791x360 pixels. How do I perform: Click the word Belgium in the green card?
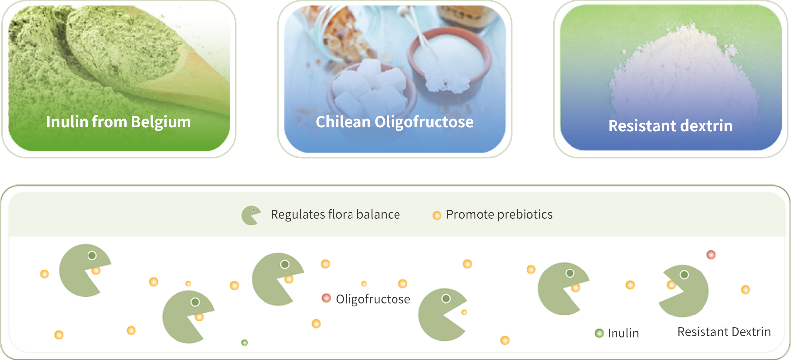tap(161, 122)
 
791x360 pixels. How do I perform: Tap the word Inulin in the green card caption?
tap(67, 122)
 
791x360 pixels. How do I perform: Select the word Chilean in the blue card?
tap(343, 122)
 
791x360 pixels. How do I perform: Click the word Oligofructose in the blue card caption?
tap(424, 122)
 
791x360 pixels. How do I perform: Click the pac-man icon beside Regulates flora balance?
tap(251, 215)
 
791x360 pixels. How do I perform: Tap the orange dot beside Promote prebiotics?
tap(437, 215)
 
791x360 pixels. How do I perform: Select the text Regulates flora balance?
tap(336, 214)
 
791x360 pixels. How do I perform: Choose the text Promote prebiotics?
tap(499, 214)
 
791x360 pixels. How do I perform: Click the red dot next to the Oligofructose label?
tap(326, 298)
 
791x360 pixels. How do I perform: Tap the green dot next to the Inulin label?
tap(599, 333)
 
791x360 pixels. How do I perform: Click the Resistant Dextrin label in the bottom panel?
tap(724, 332)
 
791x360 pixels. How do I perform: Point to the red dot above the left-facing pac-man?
tap(711, 254)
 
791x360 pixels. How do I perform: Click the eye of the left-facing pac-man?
tap(684, 275)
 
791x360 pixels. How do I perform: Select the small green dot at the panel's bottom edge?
tap(244, 342)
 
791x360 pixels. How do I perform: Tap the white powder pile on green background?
tap(683, 74)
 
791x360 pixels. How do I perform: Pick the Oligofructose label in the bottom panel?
tap(373, 299)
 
